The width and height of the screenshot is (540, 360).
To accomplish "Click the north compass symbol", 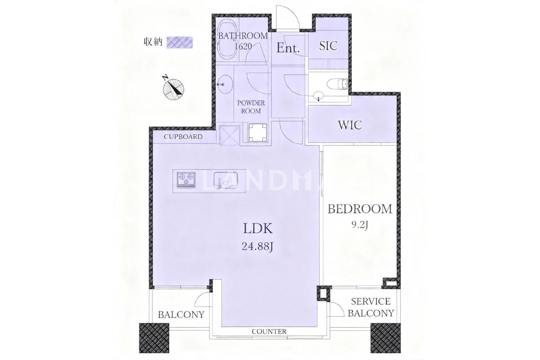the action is (174, 88).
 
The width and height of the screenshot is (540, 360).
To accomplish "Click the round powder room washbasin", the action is (225, 84).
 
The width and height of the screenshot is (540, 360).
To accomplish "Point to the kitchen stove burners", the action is (186, 180).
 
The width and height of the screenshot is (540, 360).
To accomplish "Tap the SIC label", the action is (328, 46).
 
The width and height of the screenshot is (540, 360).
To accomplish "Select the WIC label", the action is (350, 125).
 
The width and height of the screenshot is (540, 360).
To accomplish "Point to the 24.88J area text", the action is (257, 247).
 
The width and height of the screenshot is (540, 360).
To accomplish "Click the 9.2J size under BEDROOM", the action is (360, 225).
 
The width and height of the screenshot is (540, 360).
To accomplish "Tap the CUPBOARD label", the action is (183, 137).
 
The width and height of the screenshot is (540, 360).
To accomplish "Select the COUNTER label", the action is (269, 332).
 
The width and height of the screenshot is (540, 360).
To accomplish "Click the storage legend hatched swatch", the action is (180, 42).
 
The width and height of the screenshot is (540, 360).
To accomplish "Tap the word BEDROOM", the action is (360, 209).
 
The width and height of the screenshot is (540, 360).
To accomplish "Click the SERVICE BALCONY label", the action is (371, 307).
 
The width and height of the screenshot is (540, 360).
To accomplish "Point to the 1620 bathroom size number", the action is (243, 46).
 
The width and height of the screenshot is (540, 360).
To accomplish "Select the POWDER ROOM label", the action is (251, 107).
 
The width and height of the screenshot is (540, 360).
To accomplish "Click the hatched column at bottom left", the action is (154, 338).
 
